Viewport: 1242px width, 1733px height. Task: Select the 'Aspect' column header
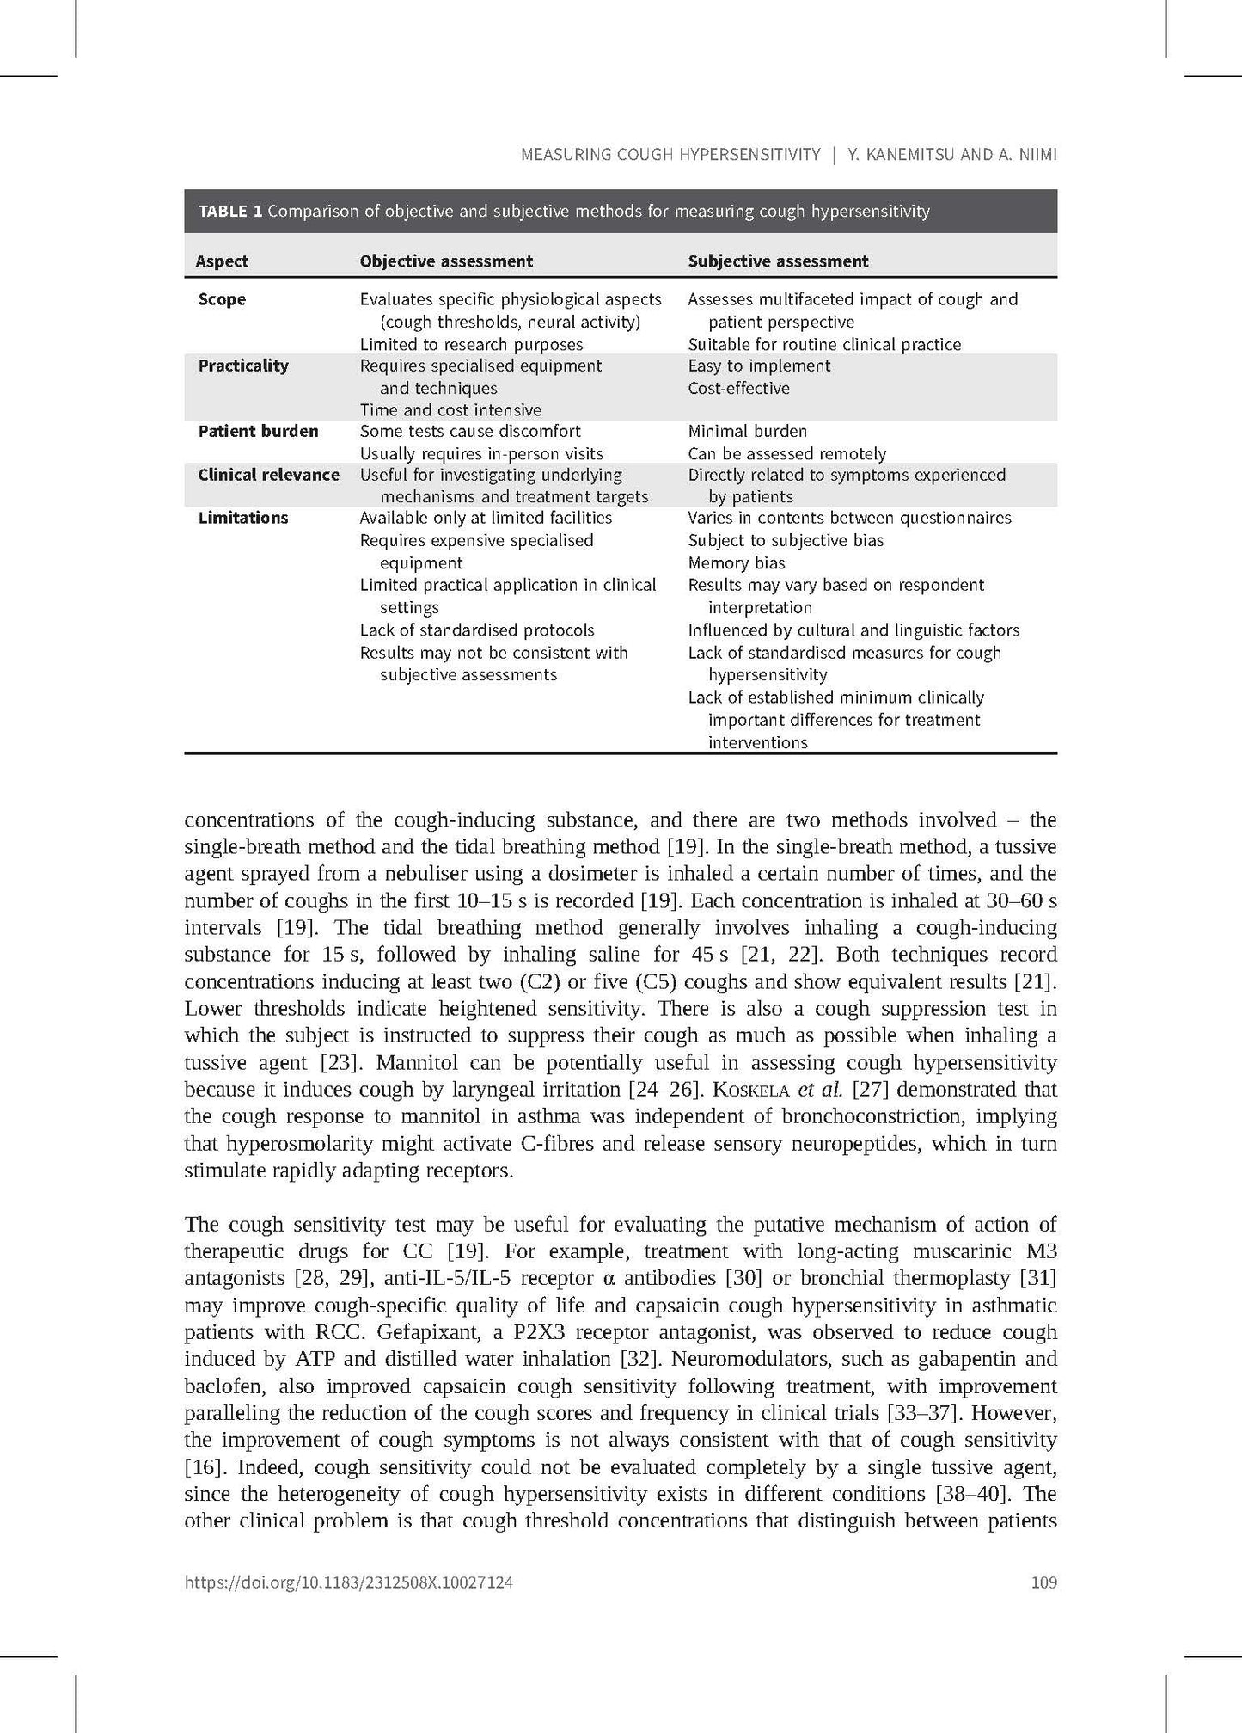(x=222, y=261)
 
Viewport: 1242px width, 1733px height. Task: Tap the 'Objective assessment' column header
(x=446, y=261)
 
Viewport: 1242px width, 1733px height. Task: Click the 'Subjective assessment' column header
(x=778, y=261)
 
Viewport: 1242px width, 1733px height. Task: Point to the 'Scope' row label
(x=222, y=299)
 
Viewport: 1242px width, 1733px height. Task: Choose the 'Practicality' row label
(x=243, y=366)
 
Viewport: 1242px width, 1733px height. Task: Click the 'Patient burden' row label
(x=258, y=431)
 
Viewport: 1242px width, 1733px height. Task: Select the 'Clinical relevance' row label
(x=268, y=475)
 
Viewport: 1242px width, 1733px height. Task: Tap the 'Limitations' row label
(x=243, y=518)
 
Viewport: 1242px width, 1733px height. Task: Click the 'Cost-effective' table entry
(x=738, y=388)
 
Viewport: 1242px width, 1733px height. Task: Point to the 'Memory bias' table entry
(x=736, y=563)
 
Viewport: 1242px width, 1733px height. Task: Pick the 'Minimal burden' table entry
(x=747, y=431)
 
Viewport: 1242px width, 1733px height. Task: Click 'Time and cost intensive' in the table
(x=450, y=410)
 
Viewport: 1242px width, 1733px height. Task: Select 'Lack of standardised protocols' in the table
(x=477, y=630)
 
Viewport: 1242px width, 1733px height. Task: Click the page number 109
(x=1043, y=1582)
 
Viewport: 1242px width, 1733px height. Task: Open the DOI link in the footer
(x=349, y=1582)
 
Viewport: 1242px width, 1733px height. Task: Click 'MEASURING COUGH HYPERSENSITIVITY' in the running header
(x=670, y=155)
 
